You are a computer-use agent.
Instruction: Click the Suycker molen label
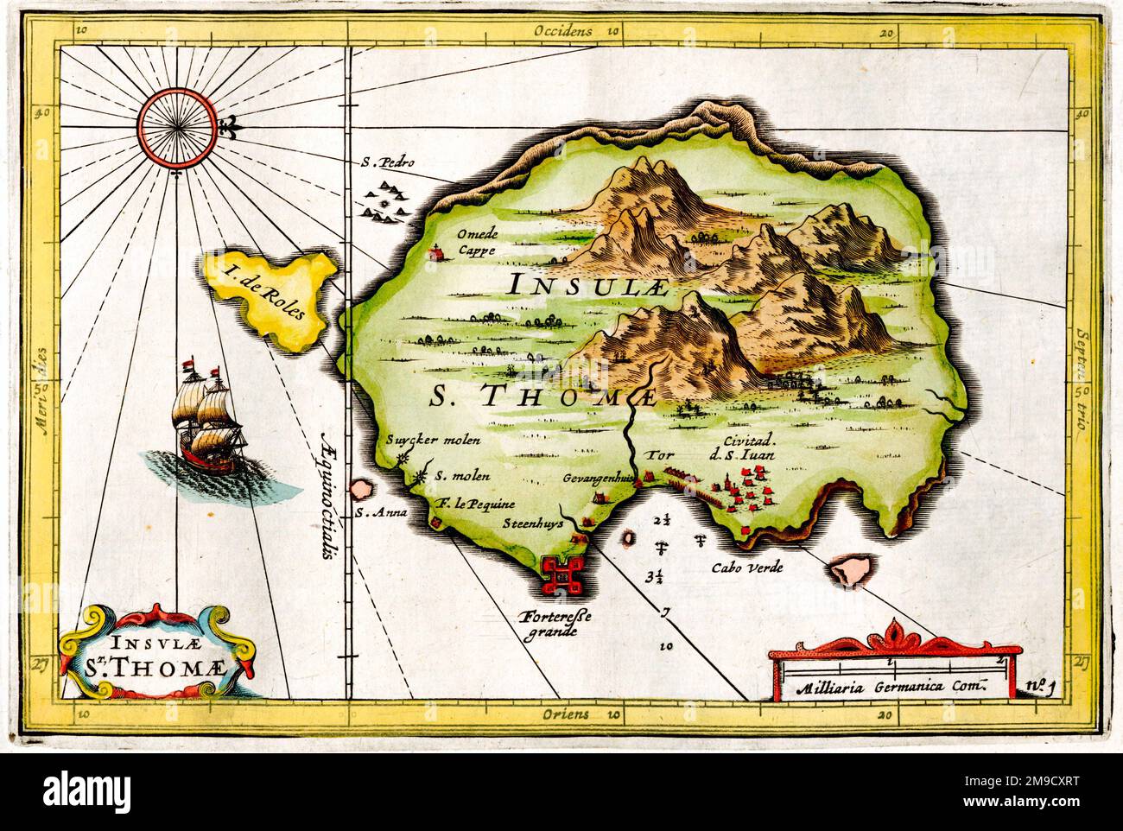(432, 438)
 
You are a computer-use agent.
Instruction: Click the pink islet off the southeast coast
(850, 571)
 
